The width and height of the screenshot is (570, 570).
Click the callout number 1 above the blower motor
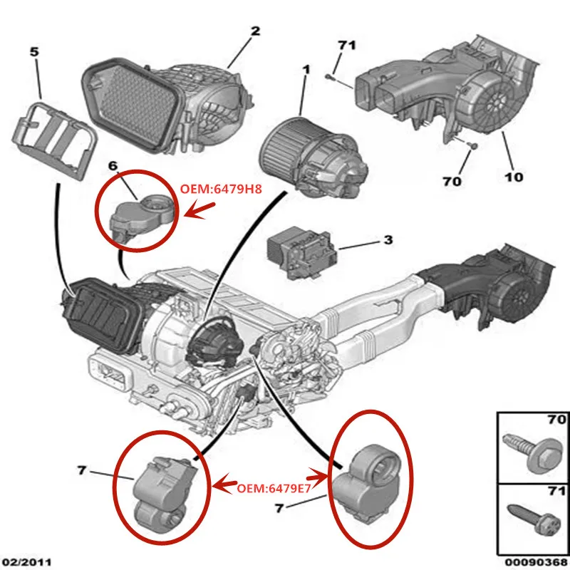click(x=306, y=71)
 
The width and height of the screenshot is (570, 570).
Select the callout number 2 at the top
click(x=255, y=31)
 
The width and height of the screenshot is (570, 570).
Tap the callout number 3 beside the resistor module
click(x=388, y=241)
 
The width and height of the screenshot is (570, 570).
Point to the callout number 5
click(x=34, y=52)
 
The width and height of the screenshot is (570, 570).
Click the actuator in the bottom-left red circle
click(x=162, y=484)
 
